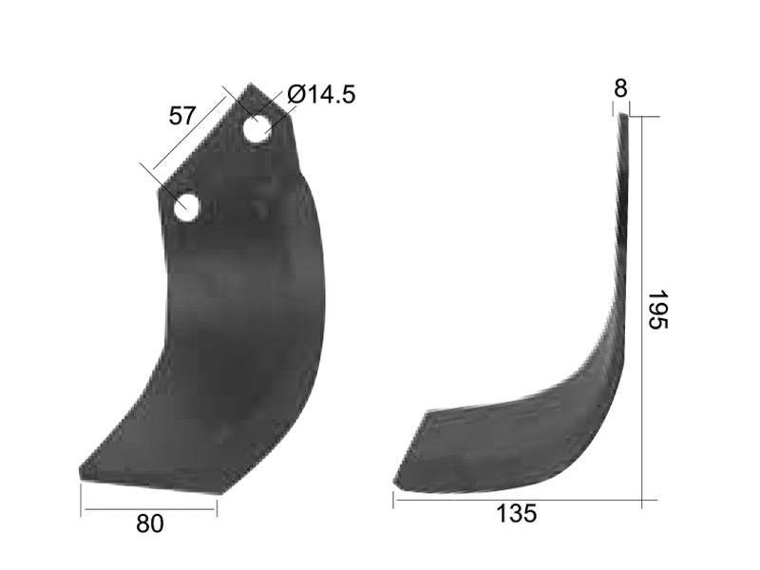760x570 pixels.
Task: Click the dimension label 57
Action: [181, 116]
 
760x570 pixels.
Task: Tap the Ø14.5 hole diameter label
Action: [320, 94]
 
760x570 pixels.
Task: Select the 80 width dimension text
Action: [149, 523]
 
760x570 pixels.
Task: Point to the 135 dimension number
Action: [517, 514]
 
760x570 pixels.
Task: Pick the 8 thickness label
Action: [620, 88]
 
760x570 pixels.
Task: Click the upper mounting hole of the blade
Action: [256, 129]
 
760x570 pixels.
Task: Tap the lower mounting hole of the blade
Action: [186, 206]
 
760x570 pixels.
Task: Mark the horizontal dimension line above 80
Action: [149, 510]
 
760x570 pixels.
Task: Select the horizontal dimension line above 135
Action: [518, 501]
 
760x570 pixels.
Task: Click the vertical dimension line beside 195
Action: [642, 310]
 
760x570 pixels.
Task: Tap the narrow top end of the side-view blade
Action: [624, 117]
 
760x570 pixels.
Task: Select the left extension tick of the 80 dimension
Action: [81, 498]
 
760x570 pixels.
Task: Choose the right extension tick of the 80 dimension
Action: [218, 504]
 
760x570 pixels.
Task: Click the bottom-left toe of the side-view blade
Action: [397, 484]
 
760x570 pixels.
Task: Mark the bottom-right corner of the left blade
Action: [223, 491]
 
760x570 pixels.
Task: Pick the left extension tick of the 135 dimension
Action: [393, 498]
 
